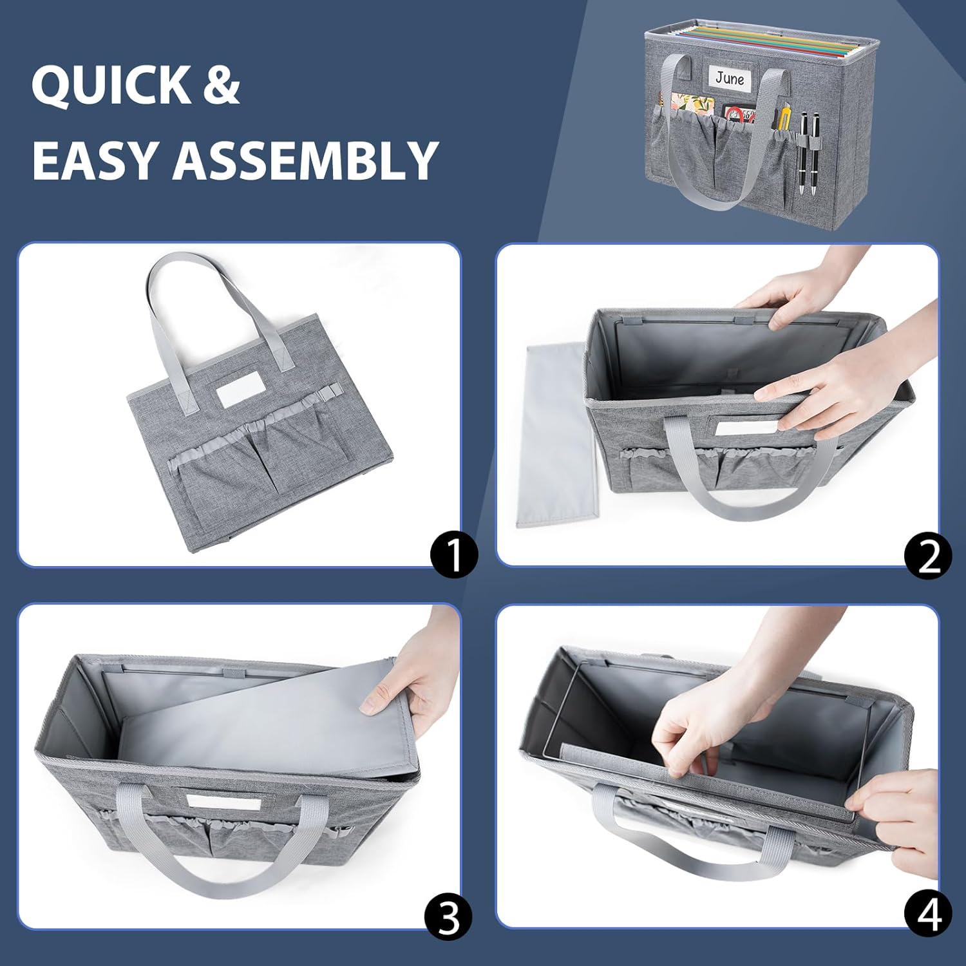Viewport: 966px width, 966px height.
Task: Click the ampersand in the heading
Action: (x=222, y=85)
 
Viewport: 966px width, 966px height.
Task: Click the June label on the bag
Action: (x=730, y=78)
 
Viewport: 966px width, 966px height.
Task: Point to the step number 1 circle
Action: (x=454, y=554)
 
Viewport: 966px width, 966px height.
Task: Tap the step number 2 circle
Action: (x=928, y=554)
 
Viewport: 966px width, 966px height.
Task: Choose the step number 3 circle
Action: (x=449, y=916)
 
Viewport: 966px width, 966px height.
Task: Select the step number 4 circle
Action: (x=928, y=914)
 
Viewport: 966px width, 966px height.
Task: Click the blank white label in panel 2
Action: (x=742, y=428)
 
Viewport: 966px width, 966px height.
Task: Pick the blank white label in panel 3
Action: (x=224, y=802)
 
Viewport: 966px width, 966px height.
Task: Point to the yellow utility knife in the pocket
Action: (x=784, y=117)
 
